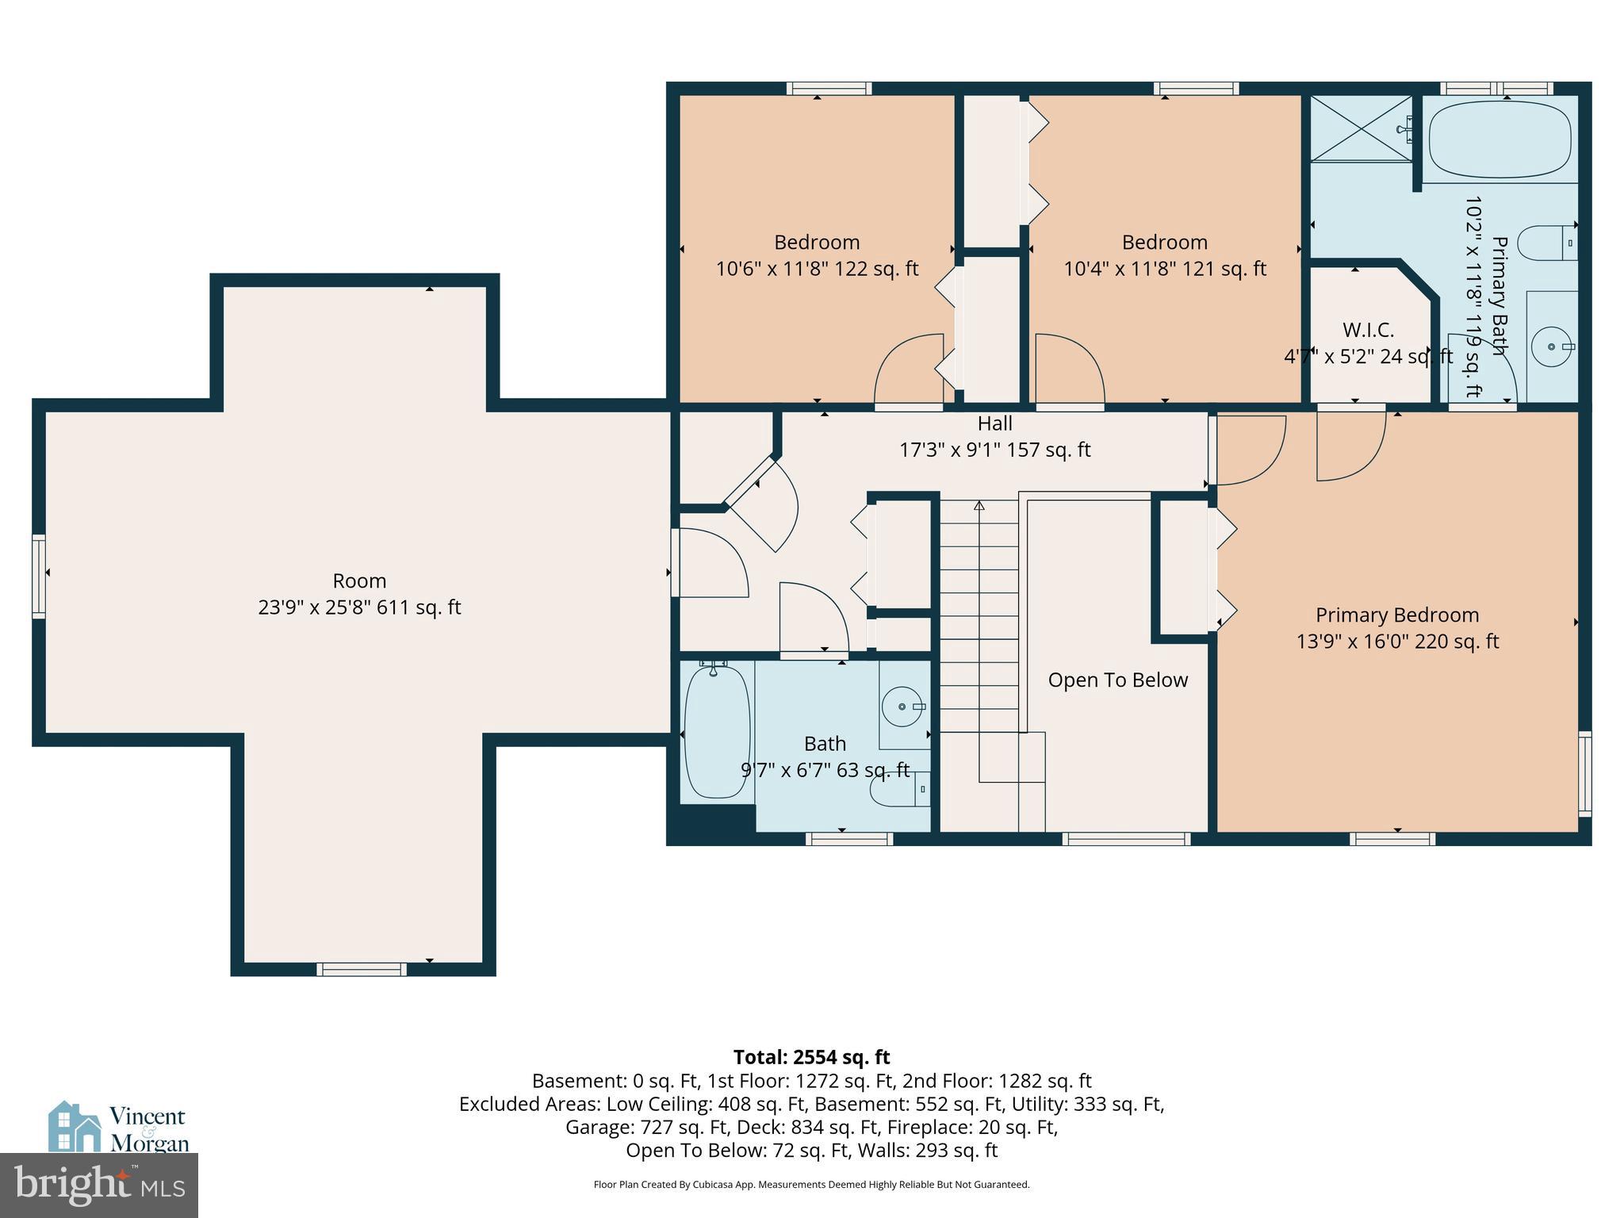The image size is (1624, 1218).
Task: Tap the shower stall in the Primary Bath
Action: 1361,128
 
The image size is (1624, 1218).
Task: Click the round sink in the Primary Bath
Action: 1550,347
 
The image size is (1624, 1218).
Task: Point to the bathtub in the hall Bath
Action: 716,731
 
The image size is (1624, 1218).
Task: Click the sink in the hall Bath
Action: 903,706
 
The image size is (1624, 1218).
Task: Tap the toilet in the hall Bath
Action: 899,789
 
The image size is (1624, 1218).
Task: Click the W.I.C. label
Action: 1368,330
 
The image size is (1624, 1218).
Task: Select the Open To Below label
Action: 1117,680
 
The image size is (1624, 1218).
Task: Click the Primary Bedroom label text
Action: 1396,615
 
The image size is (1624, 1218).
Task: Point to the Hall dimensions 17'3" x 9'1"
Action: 994,450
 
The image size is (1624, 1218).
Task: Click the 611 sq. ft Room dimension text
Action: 359,607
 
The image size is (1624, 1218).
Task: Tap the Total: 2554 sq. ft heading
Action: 811,1057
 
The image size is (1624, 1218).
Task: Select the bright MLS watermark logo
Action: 98,1185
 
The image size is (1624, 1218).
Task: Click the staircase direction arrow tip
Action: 979,505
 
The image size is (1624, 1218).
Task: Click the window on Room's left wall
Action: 38,576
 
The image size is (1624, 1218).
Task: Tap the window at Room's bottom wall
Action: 362,969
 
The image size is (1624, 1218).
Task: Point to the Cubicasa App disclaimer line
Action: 811,1185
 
